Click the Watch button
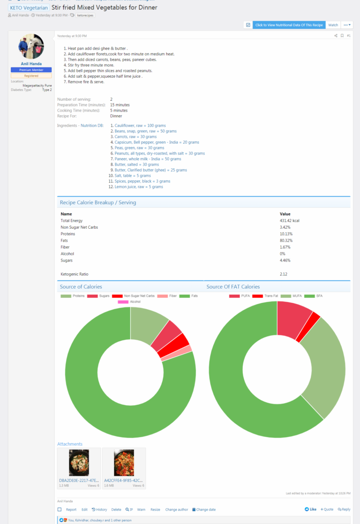tap(333, 25)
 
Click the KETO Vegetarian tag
tap(29, 8)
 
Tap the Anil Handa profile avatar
tap(31, 48)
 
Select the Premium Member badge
tap(31, 69)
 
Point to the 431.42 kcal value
tap(290, 221)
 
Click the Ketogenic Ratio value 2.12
tap(284, 274)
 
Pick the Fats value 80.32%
tap(286, 241)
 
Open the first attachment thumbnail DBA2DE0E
tap(79, 463)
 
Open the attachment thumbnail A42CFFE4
tap(124, 463)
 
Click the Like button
tap(310, 509)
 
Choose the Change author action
tap(176, 510)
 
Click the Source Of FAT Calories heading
tap(233, 287)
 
